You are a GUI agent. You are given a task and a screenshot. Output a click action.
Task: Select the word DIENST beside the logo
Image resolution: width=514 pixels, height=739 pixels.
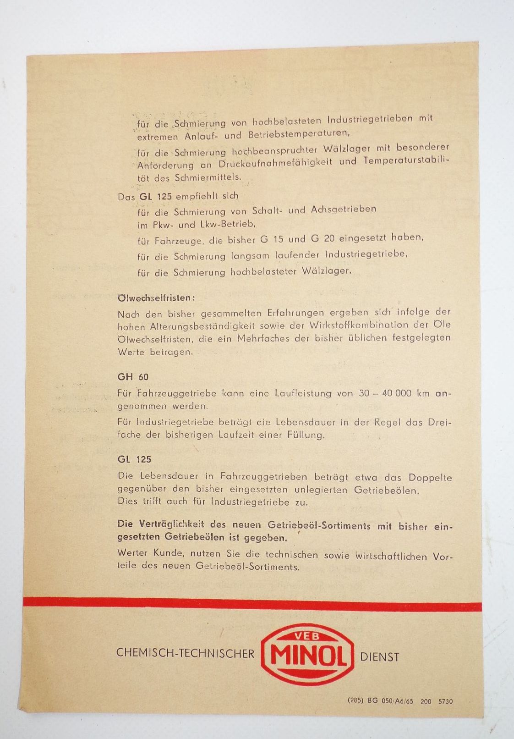tap(380, 657)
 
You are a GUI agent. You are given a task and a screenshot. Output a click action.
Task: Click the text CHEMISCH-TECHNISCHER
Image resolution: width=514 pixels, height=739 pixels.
tap(185, 653)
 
